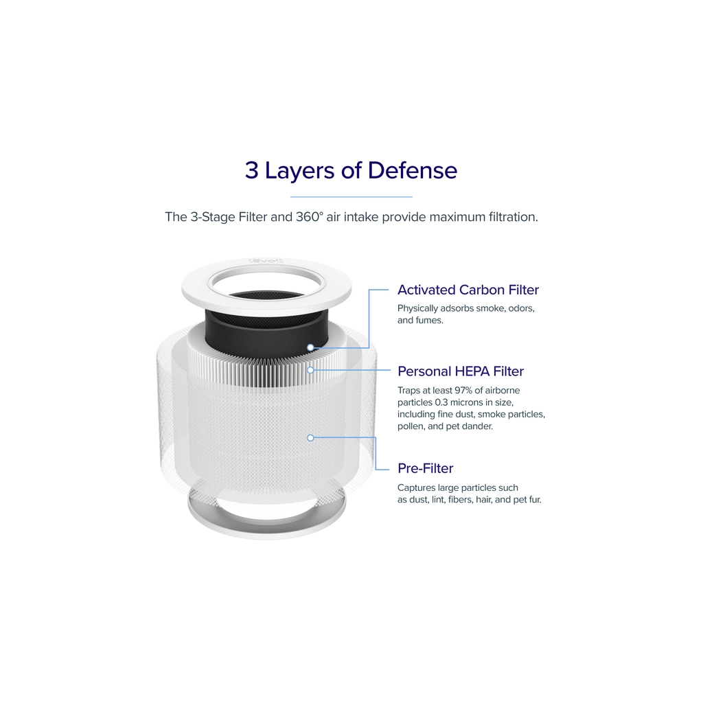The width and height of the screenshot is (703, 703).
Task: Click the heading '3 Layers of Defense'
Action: pyautogui.click(x=351, y=170)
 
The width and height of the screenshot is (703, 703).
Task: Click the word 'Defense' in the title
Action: pyautogui.click(x=413, y=170)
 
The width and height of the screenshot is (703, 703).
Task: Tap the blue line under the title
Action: pyautogui.click(x=351, y=197)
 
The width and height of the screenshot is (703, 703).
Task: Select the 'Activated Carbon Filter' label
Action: pyautogui.click(x=468, y=290)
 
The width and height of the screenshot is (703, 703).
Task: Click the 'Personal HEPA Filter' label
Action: pyautogui.click(x=461, y=371)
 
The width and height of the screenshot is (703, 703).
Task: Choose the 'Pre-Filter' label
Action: pyautogui.click(x=426, y=468)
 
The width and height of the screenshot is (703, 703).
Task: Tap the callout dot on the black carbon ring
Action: pyautogui.click(x=310, y=347)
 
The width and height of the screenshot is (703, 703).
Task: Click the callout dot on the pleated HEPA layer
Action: pyautogui.click(x=310, y=370)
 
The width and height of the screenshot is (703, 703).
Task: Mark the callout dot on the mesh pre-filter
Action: pyautogui.click(x=310, y=437)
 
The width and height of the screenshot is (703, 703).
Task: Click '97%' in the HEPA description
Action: pyautogui.click(x=463, y=391)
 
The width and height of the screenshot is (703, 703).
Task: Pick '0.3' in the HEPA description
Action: pyautogui.click(x=441, y=402)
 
